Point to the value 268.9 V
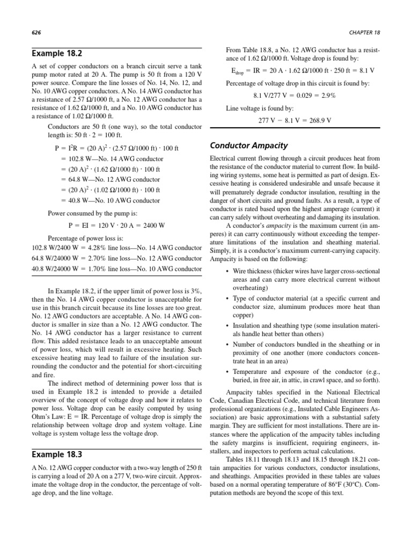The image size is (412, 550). (319, 120)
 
